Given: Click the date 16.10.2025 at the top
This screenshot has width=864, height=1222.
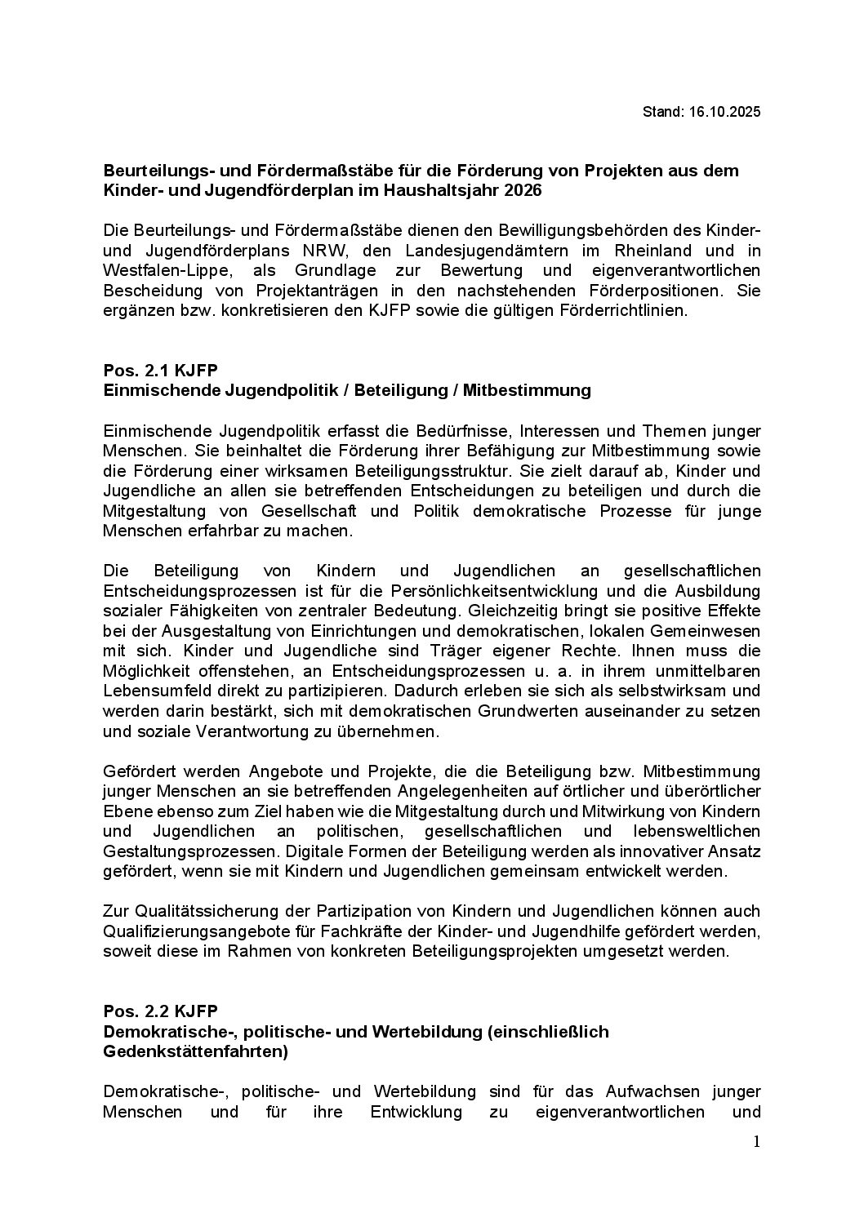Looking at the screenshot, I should click(x=723, y=112).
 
